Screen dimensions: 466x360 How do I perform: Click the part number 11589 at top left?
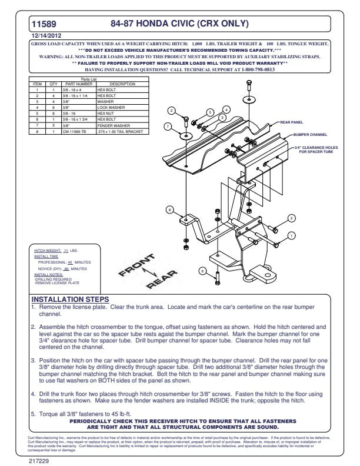[44, 24]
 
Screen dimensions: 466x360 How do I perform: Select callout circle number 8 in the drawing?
[169, 209]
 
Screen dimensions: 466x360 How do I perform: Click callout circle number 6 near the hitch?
[202, 271]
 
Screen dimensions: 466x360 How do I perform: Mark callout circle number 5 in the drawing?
[209, 112]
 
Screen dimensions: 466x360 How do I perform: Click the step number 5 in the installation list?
[32, 413]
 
